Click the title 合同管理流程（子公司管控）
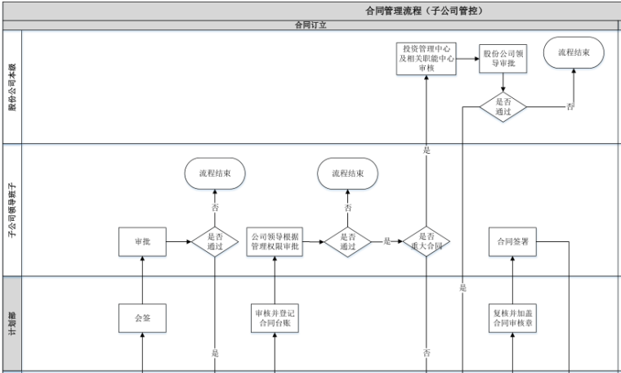coord(424,11)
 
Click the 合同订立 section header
coord(310,25)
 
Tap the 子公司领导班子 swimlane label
coord(11,210)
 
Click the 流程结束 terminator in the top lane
coord(574,52)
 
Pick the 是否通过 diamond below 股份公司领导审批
coord(503,106)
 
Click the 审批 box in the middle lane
coord(142,241)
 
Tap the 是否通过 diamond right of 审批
coord(215,241)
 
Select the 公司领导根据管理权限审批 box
coord(275,241)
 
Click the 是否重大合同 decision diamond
coord(426,241)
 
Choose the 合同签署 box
coord(513,241)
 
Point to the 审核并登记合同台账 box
coord(275,317)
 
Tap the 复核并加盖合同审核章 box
coord(513,317)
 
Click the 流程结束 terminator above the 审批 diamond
coord(215,173)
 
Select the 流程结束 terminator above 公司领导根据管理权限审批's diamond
coord(348,173)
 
